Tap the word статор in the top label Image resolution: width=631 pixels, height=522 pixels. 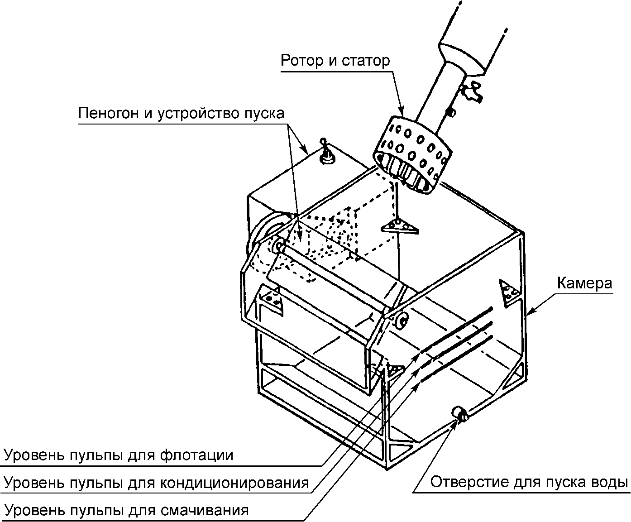pyautogui.click(x=366, y=62)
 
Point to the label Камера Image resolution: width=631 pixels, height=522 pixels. pyautogui.click(x=584, y=283)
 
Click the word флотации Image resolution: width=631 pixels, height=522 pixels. pyautogui.click(x=196, y=455)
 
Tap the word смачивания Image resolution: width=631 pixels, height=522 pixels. pyautogui.click(x=204, y=511)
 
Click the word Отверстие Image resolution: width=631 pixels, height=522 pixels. pyautogui.click(x=468, y=482)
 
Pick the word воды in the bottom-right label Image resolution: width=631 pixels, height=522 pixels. pyautogui.click(x=608, y=483)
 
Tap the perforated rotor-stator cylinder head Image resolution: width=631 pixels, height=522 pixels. pyautogui.click(x=412, y=154)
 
